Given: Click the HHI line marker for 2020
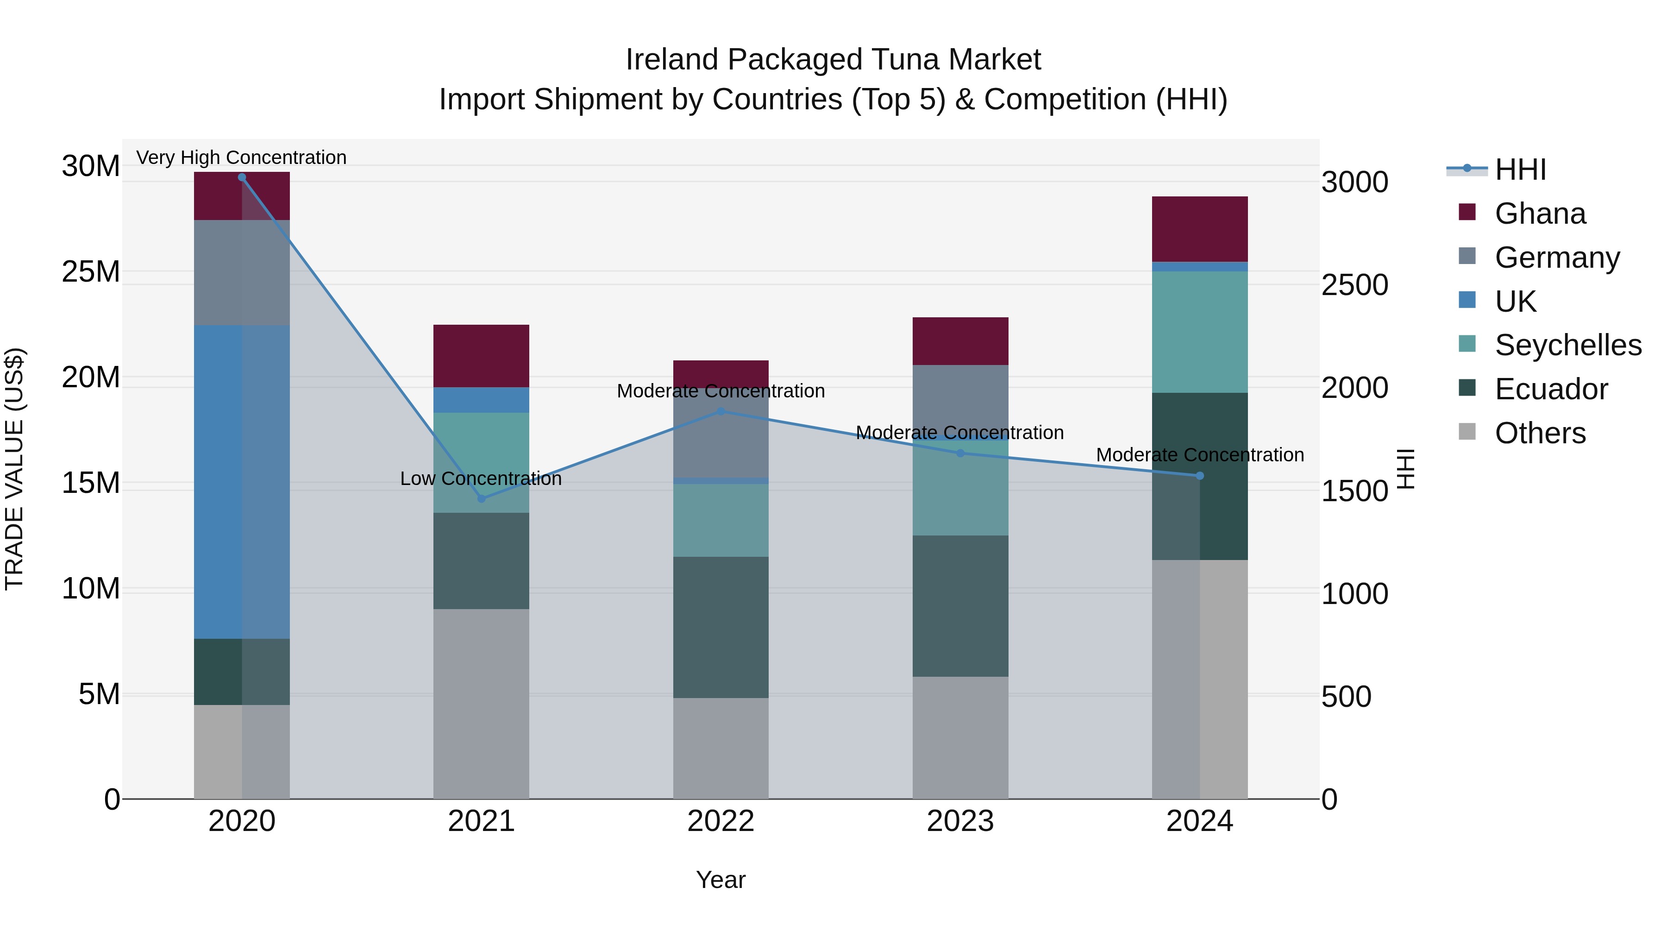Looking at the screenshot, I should pos(242,177).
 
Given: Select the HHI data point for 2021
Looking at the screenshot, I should pos(481,498).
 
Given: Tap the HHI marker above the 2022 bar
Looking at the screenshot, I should pos(721,411).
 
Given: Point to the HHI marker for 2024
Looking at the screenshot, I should pos(1200,476).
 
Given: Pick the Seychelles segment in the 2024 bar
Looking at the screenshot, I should pos(1200,332).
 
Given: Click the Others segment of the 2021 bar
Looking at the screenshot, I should pos(481,704).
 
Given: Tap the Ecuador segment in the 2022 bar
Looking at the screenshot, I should pos(721,627).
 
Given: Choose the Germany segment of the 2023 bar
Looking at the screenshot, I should pos(960,398).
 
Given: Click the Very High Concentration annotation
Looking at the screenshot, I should pos(241,157).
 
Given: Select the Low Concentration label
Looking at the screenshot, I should pos(481,478).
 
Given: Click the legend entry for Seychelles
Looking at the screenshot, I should pos(1567,345).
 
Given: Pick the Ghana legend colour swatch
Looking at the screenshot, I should pos(1467,212).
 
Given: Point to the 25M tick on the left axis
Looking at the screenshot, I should pos(91,271).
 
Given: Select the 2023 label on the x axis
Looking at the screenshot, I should pos(960,821).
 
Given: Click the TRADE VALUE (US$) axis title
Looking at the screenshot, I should pos(14,469).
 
